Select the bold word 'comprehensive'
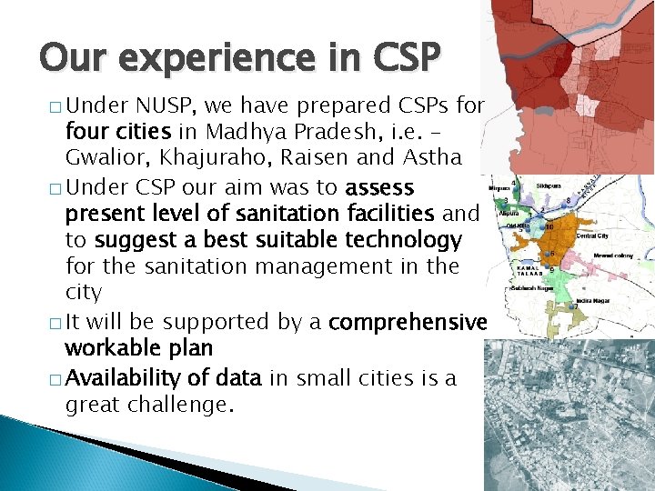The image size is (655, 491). click(x=410, y=322)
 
